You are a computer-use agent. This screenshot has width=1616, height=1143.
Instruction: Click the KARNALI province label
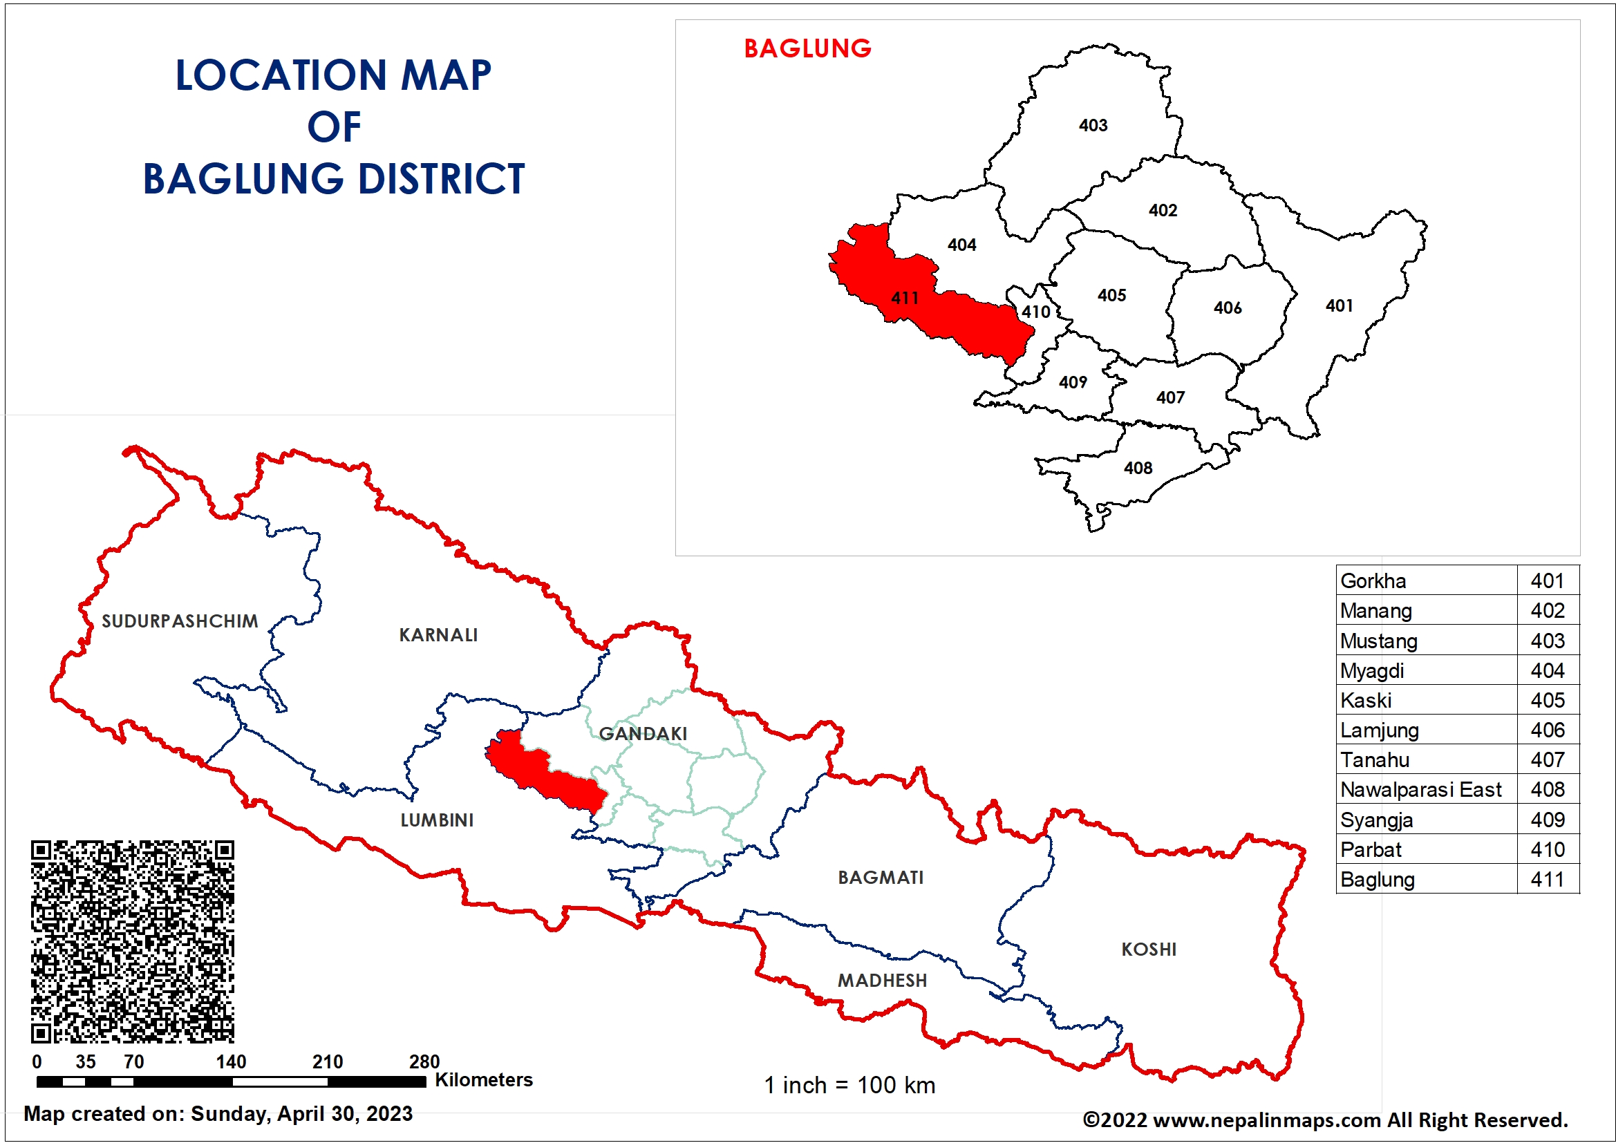(x=438, y=635)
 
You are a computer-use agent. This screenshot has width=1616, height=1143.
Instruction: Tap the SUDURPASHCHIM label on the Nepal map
(x=180, y=621)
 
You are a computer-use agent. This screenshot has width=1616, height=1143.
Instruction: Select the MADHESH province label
(x=882, y=980)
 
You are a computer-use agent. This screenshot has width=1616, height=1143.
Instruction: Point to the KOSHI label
(x=1149, y=949)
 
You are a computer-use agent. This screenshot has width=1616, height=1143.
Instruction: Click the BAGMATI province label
(x=881, y=877)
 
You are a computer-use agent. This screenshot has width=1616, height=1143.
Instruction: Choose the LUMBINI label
(x=436, y=820)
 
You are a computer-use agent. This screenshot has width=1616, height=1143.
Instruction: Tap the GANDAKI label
(x=643, y=733)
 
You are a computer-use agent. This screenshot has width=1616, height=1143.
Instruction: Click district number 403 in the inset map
(x=1093, y=125)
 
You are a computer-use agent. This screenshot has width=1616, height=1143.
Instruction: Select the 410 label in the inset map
(x=1036, y=312)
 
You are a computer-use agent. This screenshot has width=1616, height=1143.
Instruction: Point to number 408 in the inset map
(x=1138, y=468)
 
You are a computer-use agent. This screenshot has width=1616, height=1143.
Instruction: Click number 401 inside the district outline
(x=1340, y=305)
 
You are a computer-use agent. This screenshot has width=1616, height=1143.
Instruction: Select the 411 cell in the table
(x=1547, y=879)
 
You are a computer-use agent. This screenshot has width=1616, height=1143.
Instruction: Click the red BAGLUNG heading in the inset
(x=807, y=48)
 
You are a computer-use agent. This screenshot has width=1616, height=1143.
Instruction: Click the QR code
(x=132, y=941)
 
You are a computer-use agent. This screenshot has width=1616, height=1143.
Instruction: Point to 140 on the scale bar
(x=231, y=1061)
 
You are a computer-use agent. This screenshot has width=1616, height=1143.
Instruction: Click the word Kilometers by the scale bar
(x=484, y=1079)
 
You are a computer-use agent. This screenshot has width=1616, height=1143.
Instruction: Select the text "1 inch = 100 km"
(x=849, y=1084)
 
